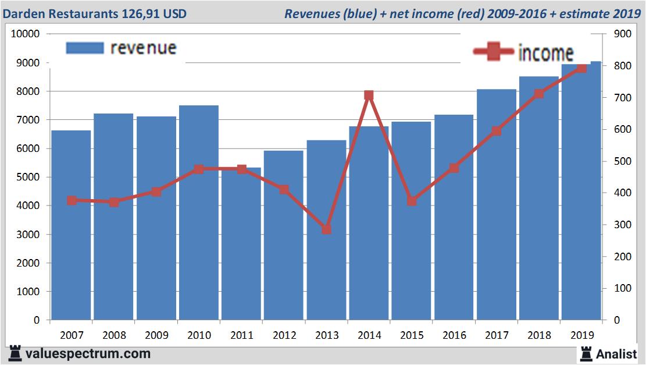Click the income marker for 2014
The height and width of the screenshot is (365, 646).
pyautogui.click(x=369, y=95)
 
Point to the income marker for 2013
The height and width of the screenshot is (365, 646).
pyautogui.click(x=326, y=229)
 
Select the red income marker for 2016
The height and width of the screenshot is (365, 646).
pyautogui.click(x=454, y=168)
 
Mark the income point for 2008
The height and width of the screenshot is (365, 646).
pyautogui.click(x=114, y=202)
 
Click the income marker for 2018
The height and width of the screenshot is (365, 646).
pyautogui.click(x=539, y=94)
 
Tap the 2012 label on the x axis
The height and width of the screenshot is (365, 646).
pyautogui.click(x=284, y=335)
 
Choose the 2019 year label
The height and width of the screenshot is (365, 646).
pyautogui.click(x=581, y=335)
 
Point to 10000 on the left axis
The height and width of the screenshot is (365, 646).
pyautogui.click(x=25, y=34)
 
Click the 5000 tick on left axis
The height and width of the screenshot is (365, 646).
pyautogui.click(x=27, y=177)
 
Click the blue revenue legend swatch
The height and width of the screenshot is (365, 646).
pyautogui.click(x=85, y=48)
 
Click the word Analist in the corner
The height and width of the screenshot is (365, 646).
pyautogui.click(x=616, y=353)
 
